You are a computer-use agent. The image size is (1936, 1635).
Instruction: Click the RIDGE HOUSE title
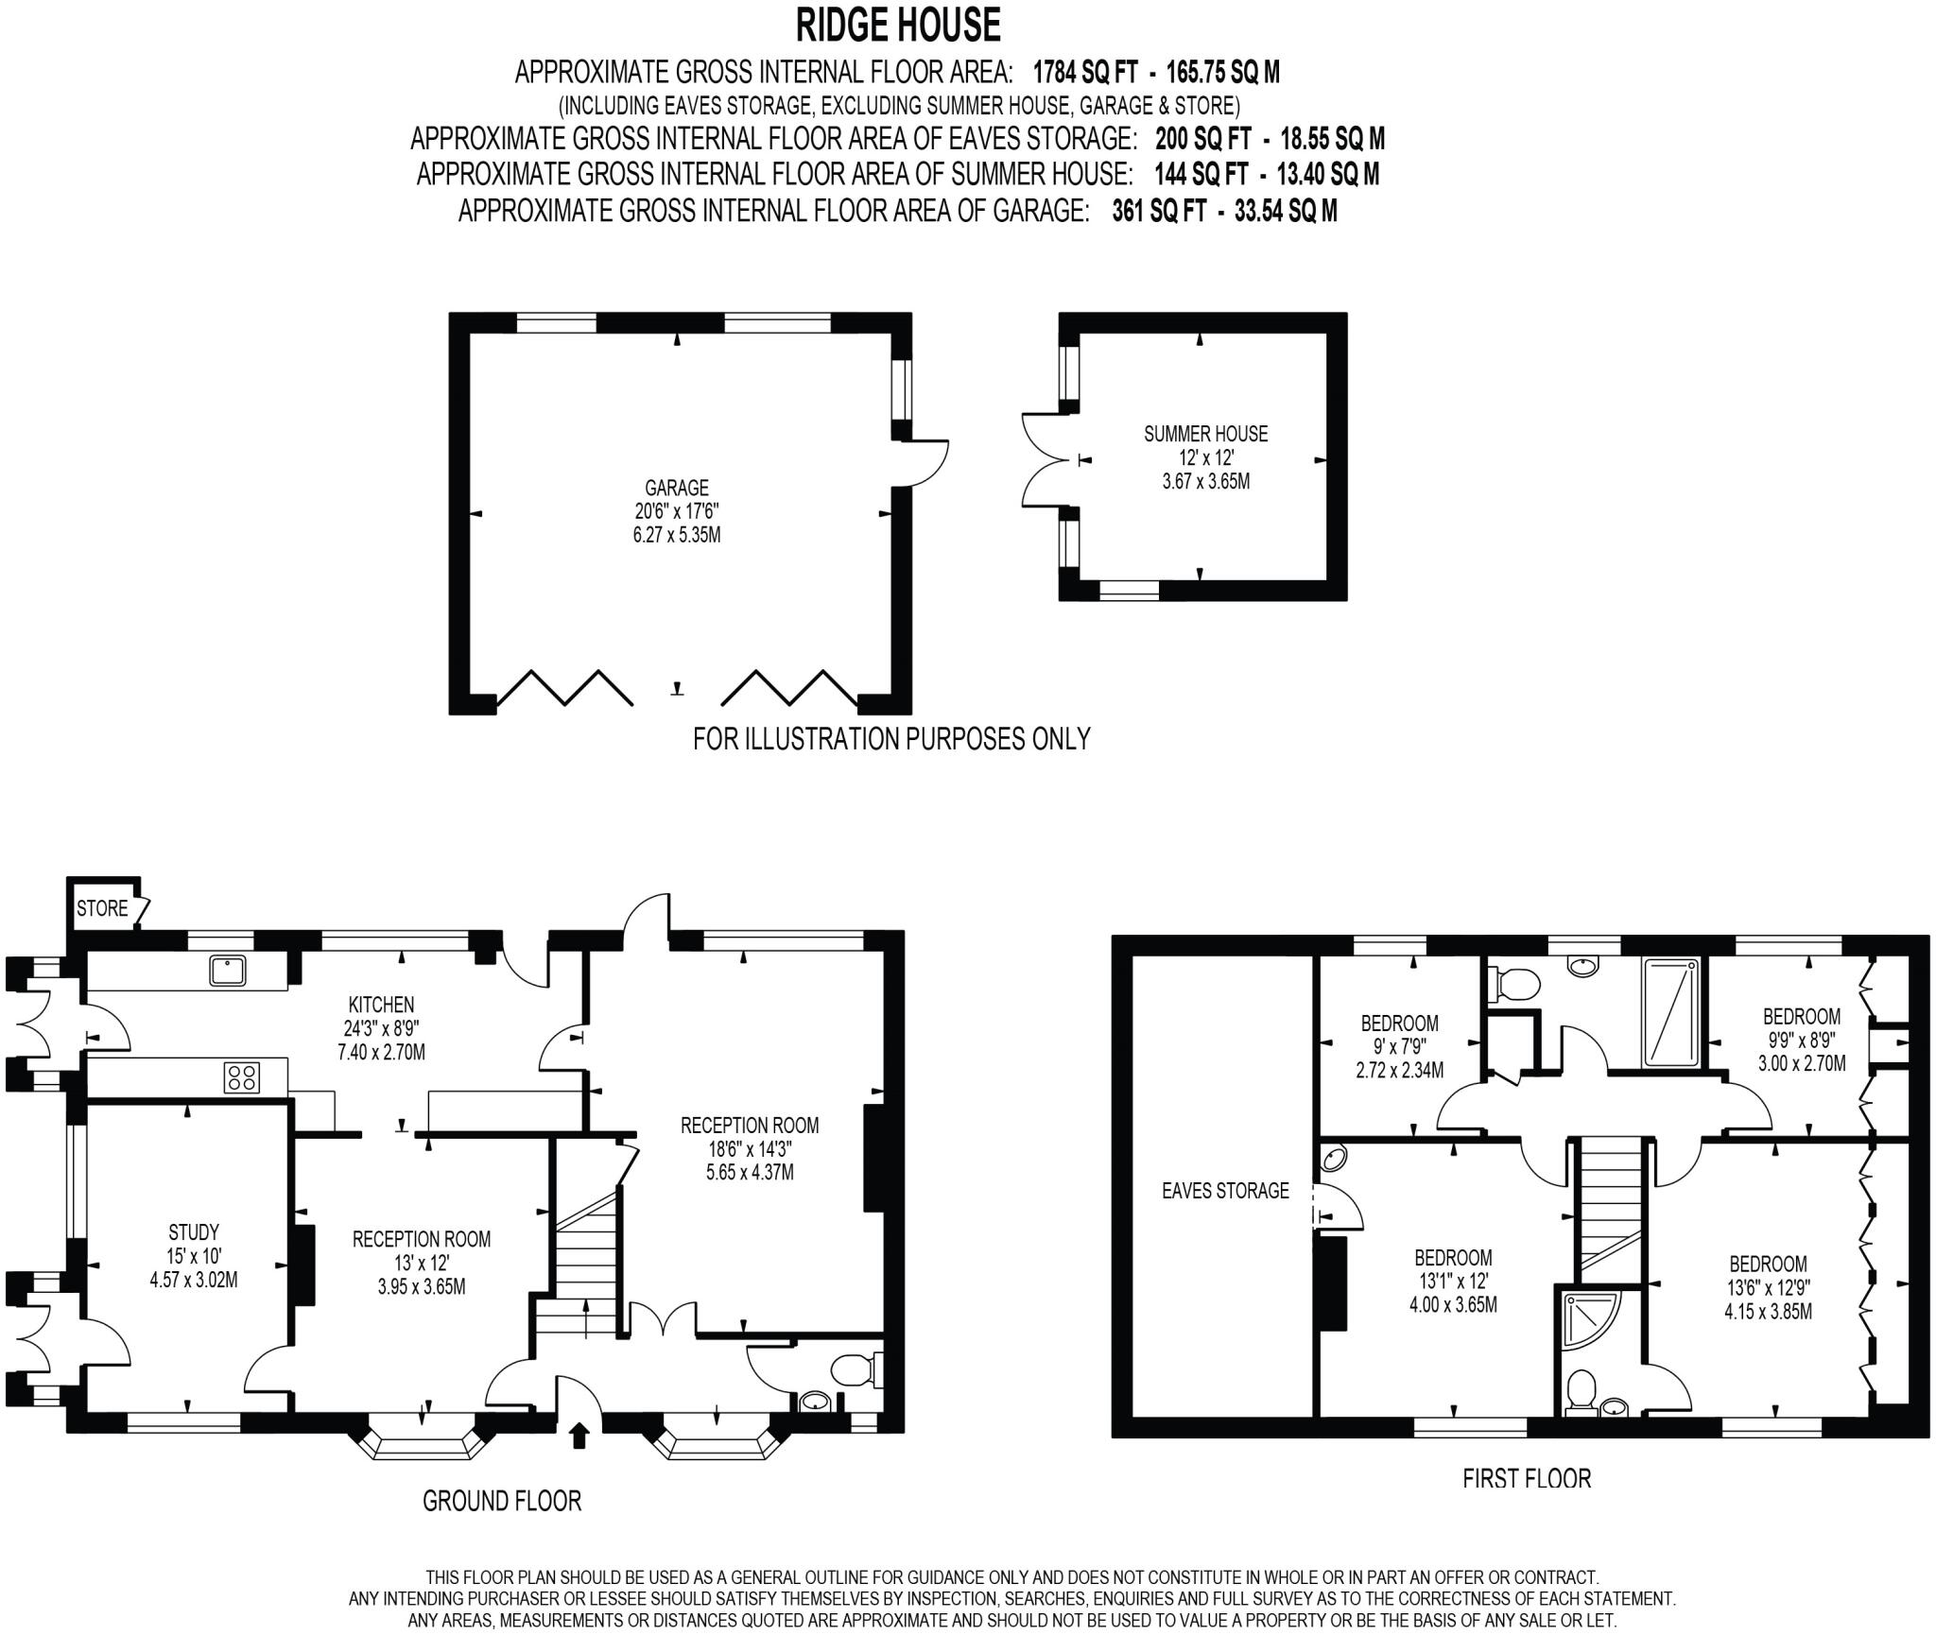pyautogui.click(x=897, y=26)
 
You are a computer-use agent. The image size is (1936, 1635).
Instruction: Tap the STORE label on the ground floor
pyautogui.click(x=102, y=908)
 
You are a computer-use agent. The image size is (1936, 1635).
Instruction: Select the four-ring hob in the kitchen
pyautogui.click(x=242, y=1077)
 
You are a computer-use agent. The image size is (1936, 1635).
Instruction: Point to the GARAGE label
pyautogui.click(x=676, y=488)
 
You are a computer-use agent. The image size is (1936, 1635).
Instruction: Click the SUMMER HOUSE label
pyautogui.click(x=1205, y=434)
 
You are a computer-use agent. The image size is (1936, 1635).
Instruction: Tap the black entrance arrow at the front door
pyautogui.click(x=579, y=1436)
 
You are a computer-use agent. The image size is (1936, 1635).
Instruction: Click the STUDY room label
pyautogui.click(x=194, y=1232)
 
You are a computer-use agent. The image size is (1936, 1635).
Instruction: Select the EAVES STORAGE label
pyautogui.click(x=1225, y=1191)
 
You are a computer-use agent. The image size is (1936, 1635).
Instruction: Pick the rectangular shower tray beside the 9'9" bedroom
pyautogui.click(x=1671, y=1011)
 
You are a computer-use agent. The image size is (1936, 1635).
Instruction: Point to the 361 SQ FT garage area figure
pyautogui.click(x=1159, y=210)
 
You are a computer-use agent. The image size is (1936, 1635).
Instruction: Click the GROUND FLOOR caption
pyautogui.click(x=501, y=1500)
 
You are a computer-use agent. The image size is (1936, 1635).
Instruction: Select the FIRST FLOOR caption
pyautogui.click(x=1527, y=1478)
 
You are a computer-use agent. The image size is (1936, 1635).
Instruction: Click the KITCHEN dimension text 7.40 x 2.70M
pyautogui.click(x=382, y=1051)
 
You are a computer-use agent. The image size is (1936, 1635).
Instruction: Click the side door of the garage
pyautogui.click(x=925, y=462)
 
